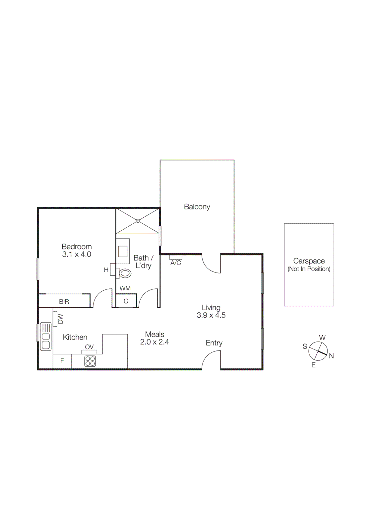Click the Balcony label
click(x=197, y=207)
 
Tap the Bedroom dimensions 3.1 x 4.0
click(x=77, y=255)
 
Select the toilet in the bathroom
click(x=125, y=273)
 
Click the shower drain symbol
click(x=138, y=221)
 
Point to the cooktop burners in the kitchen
click(x=90, y=361)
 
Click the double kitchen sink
click(x=46, y=337)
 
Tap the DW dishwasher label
click(x=60, y=319)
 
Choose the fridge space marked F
click(x=62, y=361)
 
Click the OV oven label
click(x=89, y=347)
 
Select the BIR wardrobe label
click(x=64, y=302)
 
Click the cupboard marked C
click(x=126, y=301)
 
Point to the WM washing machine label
click(x=125, y=288)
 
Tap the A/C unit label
click(x=176, y=263)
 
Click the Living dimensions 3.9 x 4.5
click(x=211, y=315)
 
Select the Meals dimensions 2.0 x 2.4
click(x=155, y=342)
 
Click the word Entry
click(x=214, y=343)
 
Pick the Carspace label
click(x=309, y=261)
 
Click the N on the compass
click(x=331, y=356)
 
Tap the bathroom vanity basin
click(x=123, y=251)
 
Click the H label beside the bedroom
click(x=106, y=270)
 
